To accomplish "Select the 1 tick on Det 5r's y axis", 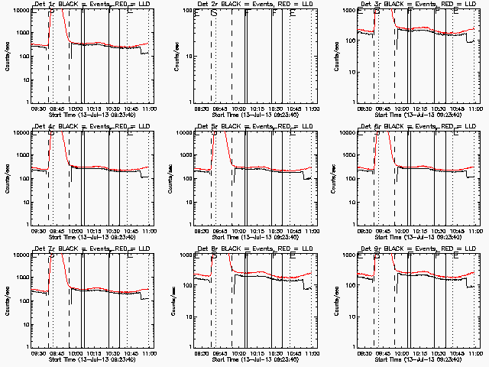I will tap(190, 224).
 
